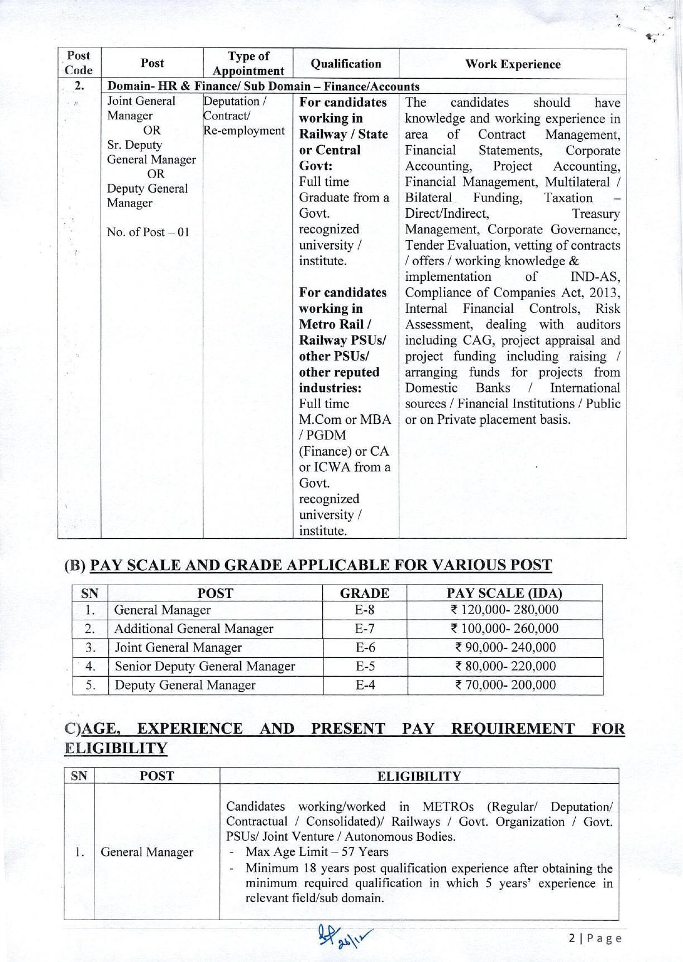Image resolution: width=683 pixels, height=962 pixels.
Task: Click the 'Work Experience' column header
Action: coord(513,64)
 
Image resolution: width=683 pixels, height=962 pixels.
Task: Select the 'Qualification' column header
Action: coord(346,64)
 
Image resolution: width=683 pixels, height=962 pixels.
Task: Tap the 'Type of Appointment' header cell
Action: coord(248,64)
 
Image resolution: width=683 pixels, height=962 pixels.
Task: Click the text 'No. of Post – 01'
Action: coord(148,232)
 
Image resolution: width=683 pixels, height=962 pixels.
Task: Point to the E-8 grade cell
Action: coord(365,610)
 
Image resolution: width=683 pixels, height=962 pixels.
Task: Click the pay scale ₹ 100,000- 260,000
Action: coord(505,629)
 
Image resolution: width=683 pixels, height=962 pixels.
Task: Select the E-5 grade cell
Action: coord(365,666)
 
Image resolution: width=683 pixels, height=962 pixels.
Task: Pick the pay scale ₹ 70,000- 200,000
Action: coord(505,685)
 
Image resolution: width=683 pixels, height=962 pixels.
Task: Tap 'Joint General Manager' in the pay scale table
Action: coord(178,648)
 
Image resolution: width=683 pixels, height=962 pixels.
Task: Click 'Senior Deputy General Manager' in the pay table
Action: coord(204,666)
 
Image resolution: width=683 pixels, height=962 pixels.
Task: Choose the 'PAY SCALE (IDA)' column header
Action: coord(504,593)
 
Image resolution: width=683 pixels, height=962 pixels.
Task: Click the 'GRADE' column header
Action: coord(365,593)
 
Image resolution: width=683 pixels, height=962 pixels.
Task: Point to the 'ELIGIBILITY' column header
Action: coord(419,776)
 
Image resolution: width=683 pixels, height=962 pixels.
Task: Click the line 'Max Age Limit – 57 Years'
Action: coord(317,852)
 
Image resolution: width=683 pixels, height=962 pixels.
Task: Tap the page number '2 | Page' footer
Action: coord(595,938)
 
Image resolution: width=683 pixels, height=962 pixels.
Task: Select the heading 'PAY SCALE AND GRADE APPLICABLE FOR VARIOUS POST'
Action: coord(321,565)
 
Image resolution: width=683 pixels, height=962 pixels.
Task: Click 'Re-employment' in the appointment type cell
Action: coord(244,131)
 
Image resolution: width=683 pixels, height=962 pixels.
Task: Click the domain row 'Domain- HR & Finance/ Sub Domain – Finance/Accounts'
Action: coord(263,87)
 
